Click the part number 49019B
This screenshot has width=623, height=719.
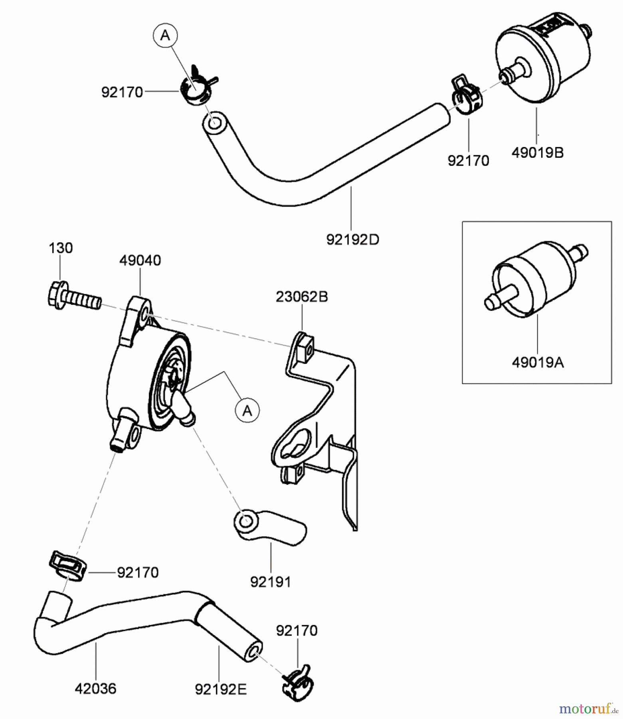pos(537,153)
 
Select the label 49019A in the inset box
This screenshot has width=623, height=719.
pos(537,363)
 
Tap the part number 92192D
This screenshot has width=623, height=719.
pos(352,240)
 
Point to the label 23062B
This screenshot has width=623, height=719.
pos(302,297)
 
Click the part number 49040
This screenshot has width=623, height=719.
pos(140,260)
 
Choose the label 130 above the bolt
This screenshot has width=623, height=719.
pos(61,248)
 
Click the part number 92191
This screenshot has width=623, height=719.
pos(271,582)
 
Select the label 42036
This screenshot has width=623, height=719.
pos(95,689)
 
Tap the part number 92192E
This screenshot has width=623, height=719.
pos(221,689)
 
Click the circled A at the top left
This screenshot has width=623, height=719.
pos(165,36)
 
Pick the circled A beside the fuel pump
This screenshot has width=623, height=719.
pos(247,410)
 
